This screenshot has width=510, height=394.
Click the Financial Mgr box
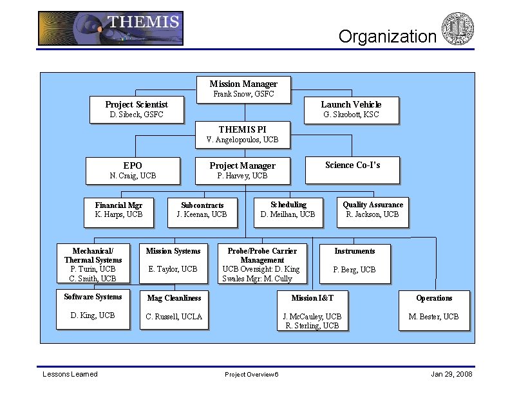coord(118,210)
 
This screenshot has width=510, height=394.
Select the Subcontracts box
coord(202,210)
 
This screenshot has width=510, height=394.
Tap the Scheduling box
coord(288,210)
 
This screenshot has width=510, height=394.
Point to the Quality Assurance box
coord(373,210)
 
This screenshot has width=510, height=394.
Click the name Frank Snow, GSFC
coord(243,94)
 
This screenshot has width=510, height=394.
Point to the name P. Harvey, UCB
coord(242,176)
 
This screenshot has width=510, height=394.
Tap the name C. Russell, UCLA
coord(174,317)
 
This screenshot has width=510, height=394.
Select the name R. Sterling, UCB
coord(312,326)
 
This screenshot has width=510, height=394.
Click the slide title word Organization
coord(388,37)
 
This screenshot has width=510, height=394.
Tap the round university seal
coord(458,29)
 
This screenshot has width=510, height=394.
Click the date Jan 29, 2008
coord(451,374)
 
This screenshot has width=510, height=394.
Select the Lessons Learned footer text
coord(70,374)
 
